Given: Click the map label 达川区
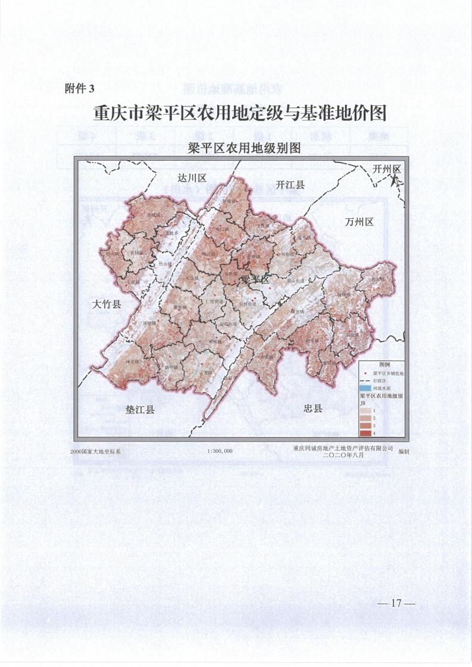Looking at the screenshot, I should (192, 179).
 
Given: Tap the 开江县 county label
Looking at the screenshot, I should (290, 185).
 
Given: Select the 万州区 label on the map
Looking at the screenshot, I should (359, 222).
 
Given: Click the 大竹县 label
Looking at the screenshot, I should (107, 305).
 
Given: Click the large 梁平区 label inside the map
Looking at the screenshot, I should (255, 279).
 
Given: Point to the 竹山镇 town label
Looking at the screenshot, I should (164, 264).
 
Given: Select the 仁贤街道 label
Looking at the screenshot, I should (214, 302).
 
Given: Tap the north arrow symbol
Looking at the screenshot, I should (394, 177).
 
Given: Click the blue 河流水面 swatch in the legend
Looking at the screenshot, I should (365, 388).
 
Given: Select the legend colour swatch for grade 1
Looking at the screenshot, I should (365, 411).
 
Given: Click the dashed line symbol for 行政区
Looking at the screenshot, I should (365, 380).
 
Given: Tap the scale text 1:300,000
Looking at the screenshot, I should (220, 451).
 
